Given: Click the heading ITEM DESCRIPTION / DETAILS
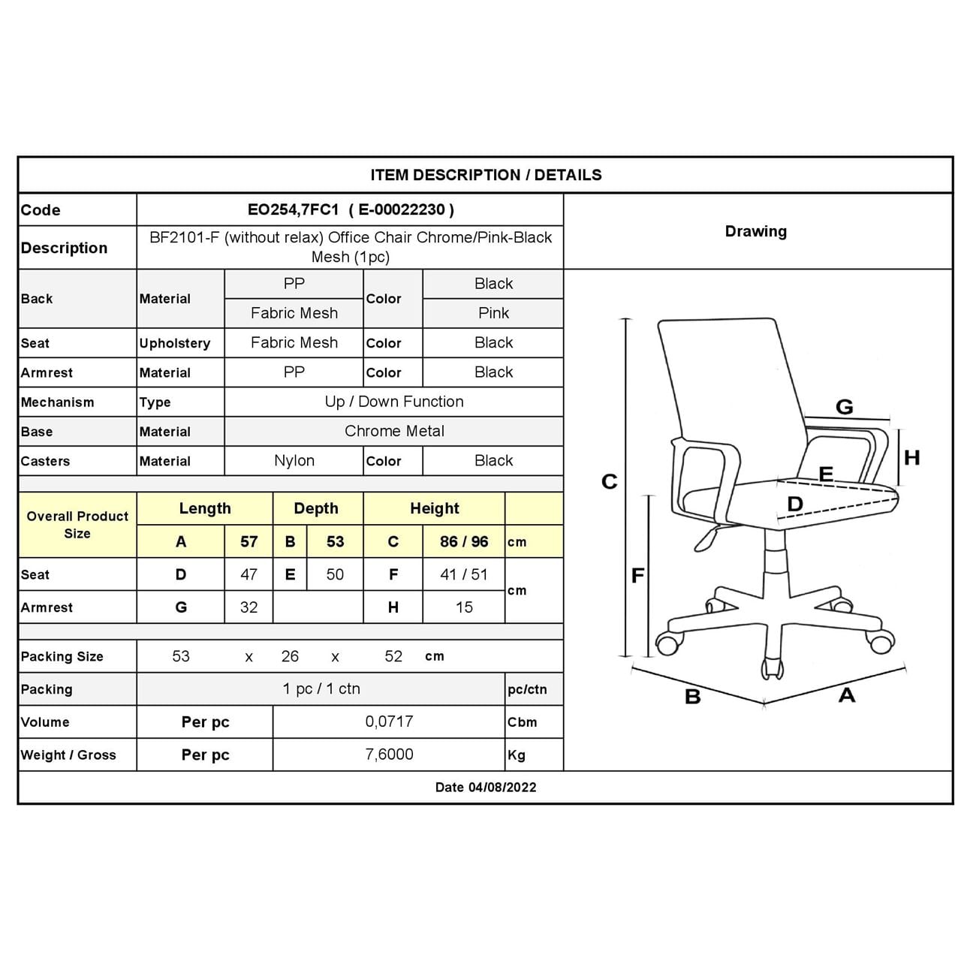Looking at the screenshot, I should [x=486, y=175].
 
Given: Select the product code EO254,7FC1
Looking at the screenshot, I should [x=294, y=210].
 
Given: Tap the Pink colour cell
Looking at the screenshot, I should [x=493, y=313].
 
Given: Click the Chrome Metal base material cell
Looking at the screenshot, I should [x=394, y=431].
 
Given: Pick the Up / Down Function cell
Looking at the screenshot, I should [x=394, y=402].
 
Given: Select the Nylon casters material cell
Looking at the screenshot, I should [x=294, y=461].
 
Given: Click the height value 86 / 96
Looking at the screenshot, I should [x=464, y=542].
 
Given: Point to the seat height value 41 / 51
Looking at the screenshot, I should [x=464, y=574].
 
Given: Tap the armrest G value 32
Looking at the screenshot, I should [x=249, y=607].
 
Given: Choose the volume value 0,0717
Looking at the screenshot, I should [x=389, y=721].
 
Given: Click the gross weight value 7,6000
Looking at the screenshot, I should [x=389, y=755].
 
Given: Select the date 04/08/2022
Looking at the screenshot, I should [x=502, y=788].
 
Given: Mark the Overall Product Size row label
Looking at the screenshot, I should [x=77, y=525].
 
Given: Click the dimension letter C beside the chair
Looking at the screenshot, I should [x=610, y=481].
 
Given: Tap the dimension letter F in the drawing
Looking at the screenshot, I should [x=637, y=576].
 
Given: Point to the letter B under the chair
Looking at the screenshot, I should [x=692, y=697].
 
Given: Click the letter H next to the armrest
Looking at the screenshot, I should [x=911, y=458].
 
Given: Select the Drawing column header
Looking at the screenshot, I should [x=756, y=231].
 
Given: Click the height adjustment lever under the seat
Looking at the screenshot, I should [x=706, y=538].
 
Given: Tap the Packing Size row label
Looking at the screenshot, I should [x=62, y=656].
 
